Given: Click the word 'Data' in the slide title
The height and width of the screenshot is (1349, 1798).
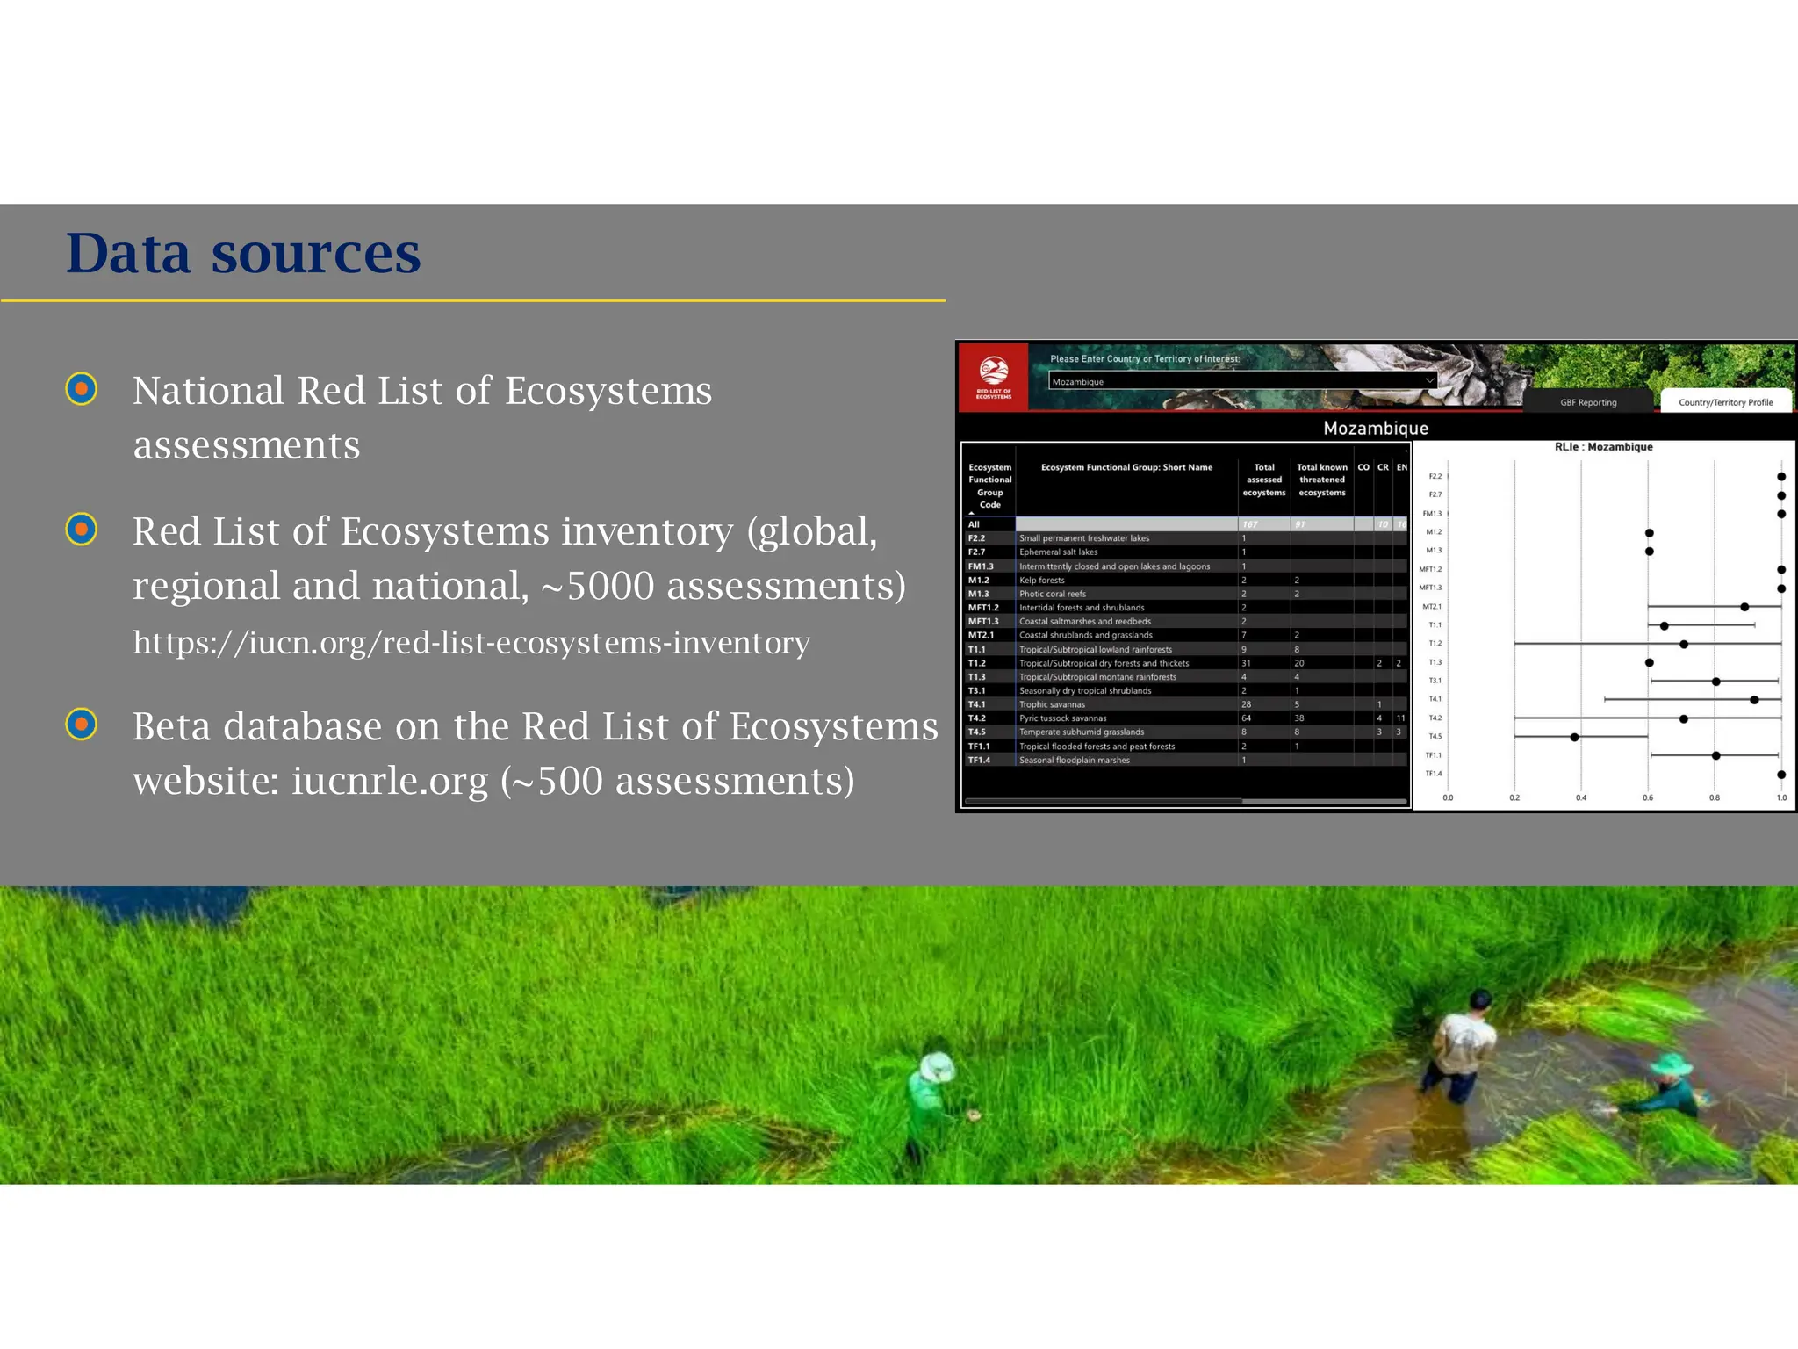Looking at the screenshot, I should pos(128,254).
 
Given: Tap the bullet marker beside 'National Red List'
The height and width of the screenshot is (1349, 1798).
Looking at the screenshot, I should pos(82,389).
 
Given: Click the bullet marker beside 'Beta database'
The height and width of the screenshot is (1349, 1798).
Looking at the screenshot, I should pos(82,725).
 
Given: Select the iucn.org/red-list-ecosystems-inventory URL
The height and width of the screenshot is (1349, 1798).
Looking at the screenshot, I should pos(471,643).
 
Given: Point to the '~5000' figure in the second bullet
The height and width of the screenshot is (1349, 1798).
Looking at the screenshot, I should pos(598,586).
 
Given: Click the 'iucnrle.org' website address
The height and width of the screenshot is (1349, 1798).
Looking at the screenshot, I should pos(389,781).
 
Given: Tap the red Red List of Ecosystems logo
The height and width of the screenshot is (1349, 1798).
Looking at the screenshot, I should pos(994,377).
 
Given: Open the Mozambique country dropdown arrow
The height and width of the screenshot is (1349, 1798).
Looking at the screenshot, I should pos(1429,381).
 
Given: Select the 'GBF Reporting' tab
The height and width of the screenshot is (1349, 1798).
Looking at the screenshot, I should pos(1588,402).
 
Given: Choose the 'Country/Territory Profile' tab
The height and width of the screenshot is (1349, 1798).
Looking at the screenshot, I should pos(1725,402).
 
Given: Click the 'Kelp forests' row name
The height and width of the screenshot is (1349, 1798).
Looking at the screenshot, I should pos(1042,581).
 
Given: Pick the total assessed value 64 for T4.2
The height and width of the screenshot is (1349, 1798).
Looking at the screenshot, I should pos(1246,718).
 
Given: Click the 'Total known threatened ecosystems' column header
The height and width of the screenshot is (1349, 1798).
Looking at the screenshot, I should pos(1321,480).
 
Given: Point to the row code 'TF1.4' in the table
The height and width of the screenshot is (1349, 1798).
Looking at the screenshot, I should pos(979,761).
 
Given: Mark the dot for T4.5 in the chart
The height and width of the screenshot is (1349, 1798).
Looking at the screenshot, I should pos(1575,738).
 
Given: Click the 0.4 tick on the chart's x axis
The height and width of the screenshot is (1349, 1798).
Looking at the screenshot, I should pos(1581,797).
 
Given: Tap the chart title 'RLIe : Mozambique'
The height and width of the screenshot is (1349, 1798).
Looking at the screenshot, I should pos(1603,447).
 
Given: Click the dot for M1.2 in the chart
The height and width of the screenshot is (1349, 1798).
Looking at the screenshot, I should pos(1650,533).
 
